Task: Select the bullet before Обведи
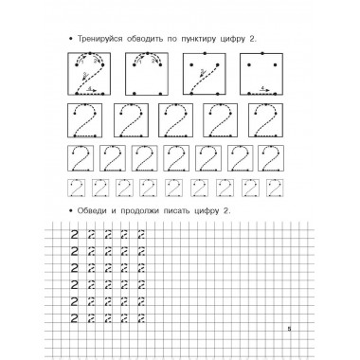point(70,212)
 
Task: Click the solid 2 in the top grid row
point(74,232)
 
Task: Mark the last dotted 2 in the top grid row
point(142,232)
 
